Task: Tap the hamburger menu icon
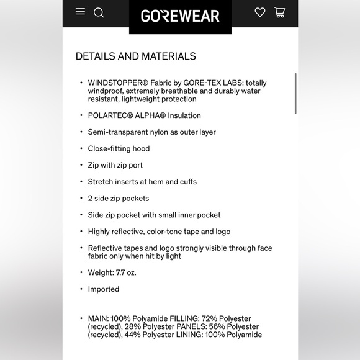tap(80, 12)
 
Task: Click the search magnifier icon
tap(99, 12)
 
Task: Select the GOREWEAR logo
tap(180, 16)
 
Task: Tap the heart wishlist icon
tap(260, 12)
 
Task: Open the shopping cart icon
tap(279, 12)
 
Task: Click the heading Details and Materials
tap(135, 56)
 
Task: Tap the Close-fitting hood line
tap(119, 149)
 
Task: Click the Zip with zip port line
tap(115, 165)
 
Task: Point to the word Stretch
tap(101, 182)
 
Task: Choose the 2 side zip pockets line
tap(118, 199)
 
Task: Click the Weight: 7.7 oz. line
tap(112, 272)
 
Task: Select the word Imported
tap(103, 289)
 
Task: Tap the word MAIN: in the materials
tap(99, 318)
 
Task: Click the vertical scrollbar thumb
tap(295, 93)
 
